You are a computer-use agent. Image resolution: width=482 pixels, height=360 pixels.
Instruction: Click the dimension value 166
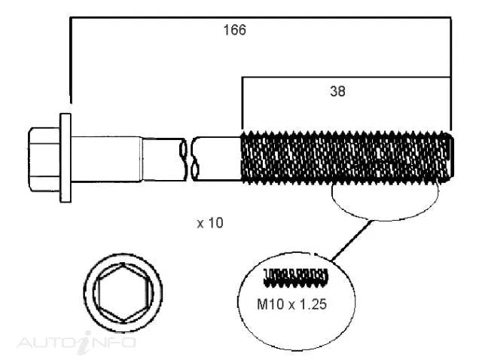click(234, 31)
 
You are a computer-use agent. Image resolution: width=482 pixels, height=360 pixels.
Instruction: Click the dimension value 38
click(338, 92)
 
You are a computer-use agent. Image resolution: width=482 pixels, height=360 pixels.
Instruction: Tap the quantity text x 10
click(209, 224)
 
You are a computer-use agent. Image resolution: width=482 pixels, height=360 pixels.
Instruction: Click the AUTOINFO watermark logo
click(75, 343)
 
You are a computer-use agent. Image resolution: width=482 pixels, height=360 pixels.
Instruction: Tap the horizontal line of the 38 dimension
click(346, 76)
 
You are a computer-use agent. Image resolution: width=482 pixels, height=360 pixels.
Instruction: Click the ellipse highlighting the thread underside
click(384, 200)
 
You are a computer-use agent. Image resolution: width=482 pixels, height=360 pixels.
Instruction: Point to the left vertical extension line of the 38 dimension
click(242, 102)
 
